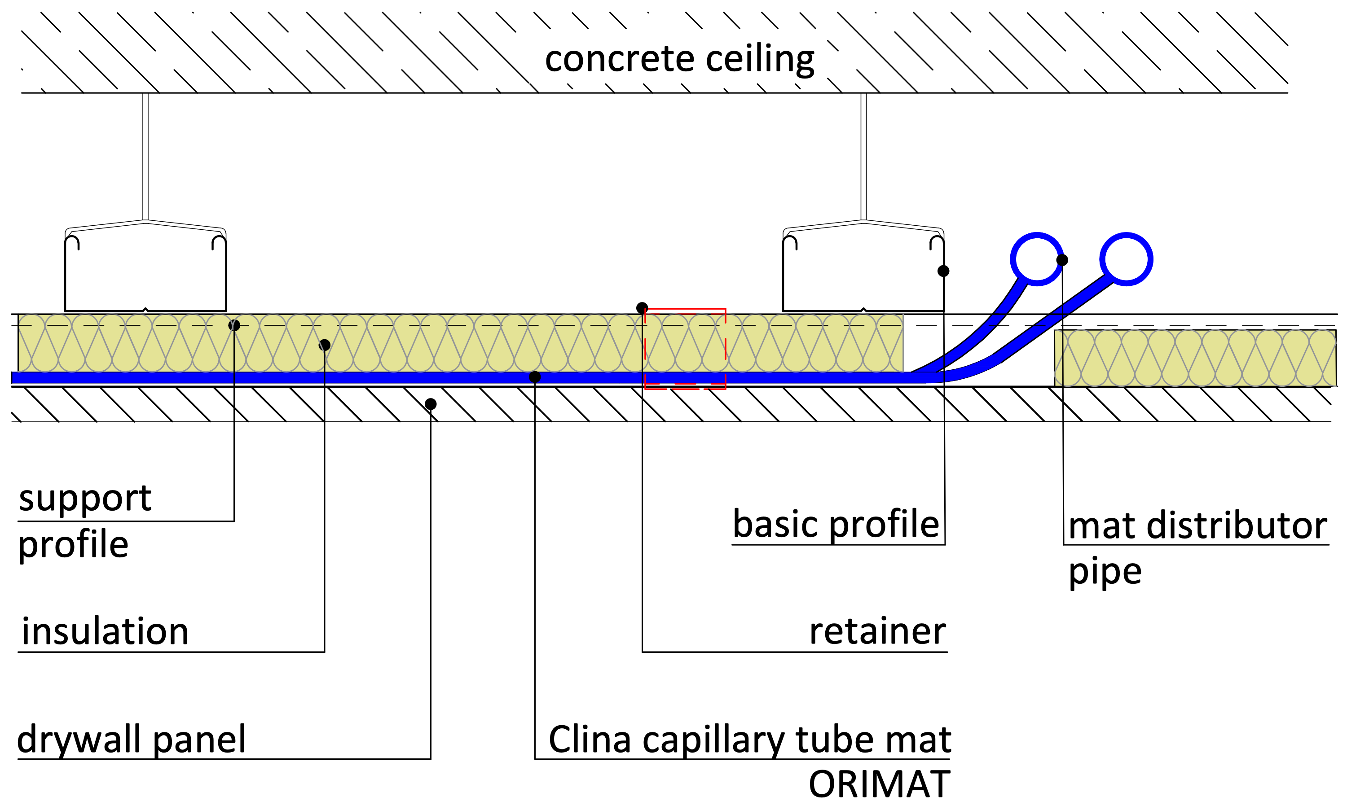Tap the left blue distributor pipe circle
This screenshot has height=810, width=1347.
1036,259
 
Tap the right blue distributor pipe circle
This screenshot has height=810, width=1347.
1126,259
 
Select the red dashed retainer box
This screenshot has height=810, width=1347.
685,348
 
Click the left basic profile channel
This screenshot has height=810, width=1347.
145,273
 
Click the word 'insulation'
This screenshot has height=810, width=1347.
105,631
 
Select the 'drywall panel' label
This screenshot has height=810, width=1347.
131,740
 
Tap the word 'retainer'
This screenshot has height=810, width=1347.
877,631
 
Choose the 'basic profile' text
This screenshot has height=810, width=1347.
836,524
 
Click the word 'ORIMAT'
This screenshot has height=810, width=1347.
879,785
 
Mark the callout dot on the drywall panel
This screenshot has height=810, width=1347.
430,404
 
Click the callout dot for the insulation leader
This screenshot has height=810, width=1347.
324,345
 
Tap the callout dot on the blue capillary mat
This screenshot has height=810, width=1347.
535,377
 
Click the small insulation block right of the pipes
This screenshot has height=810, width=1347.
1195,358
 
